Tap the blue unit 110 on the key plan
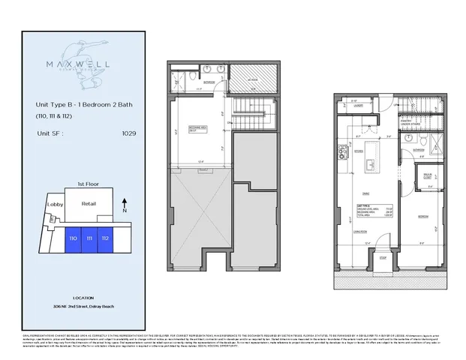73,238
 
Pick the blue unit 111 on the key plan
89,238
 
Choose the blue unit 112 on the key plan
106,238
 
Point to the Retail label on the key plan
89,202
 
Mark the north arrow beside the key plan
125,202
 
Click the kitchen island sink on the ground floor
368,163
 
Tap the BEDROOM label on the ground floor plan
423,214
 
